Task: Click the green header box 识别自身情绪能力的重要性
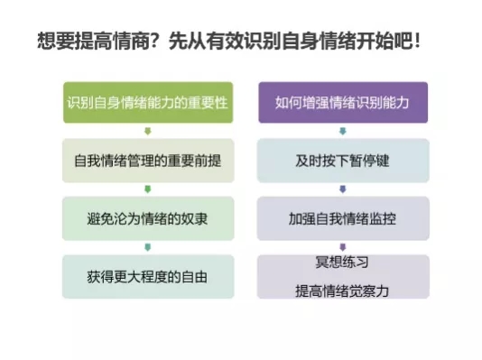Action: tap(148, 102)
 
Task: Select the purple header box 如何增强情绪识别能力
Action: tap(343, 102)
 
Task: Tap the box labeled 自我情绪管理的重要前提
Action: tap(148, 161)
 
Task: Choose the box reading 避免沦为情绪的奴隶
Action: tap(148, 218)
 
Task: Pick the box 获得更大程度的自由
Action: tap(148, 276)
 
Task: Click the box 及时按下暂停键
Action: tap(343, 161)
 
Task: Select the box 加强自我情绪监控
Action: tap(343, 218)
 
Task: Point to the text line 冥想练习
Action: tap(342, 262)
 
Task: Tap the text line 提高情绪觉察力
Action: tap(342, 291)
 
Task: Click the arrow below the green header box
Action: tap(148, 131)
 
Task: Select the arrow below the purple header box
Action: tap(343, 131)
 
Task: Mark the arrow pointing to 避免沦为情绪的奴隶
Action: tap(148, 189)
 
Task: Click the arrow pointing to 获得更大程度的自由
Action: tap(148, 247)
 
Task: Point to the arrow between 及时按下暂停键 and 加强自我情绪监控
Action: tap(343, 189)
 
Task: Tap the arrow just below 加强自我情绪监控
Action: tap(343, 247)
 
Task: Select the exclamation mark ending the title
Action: tap(417, 42)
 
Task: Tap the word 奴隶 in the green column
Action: tap(195, 219)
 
